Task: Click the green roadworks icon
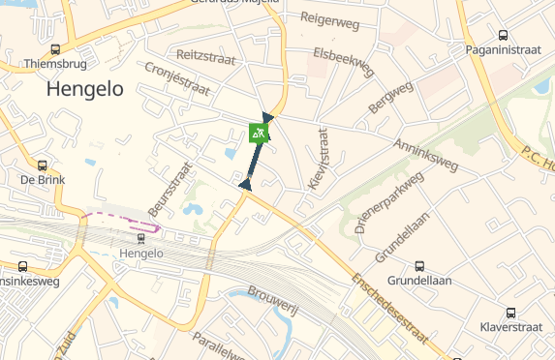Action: (x=258, y=133)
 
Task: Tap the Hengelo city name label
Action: (x=85, y=89)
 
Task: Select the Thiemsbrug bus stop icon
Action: (x=55, y=49)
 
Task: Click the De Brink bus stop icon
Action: (x=43, y=165)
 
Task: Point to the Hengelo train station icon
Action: (x=141, y=238)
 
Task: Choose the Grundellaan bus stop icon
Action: (x=419, y=266)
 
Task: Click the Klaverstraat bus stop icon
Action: (x=511, y=313)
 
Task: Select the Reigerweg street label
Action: (x=330, y=18)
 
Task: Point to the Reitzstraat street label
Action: (x=207, y=55)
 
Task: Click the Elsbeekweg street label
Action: (x=344, y=61)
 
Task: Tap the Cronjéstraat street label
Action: (x=176, y=80)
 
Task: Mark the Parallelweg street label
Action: (x=219, y=346)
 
